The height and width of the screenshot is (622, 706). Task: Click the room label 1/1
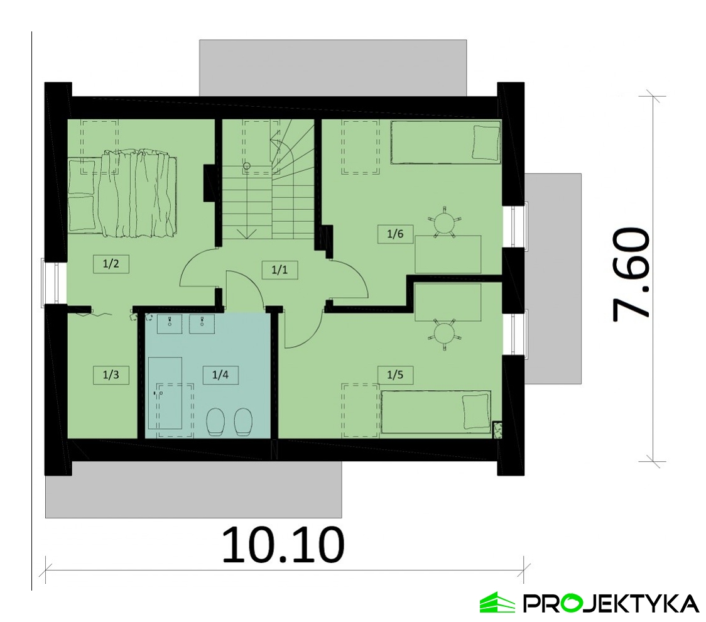[x=280, y=270]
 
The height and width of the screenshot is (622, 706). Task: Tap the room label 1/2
[x=111, y=263]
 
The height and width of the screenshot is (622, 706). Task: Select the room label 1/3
[x=111, y=374]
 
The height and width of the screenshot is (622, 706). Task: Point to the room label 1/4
[x=220, y=374]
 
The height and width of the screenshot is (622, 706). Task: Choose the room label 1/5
[x=395, y=374]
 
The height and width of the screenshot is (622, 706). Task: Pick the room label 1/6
[x=395, y=234]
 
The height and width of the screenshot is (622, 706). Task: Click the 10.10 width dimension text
[x=283, y=545]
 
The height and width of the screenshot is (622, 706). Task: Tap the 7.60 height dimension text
[x=631, y=275]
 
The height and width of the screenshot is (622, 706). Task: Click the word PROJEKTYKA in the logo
[x=611, y=603]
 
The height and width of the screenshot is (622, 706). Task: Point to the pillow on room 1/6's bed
[x=486, y=143]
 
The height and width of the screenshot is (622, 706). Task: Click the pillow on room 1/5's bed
[x=476, y=412]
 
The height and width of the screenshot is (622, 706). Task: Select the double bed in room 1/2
[x=122, y=193]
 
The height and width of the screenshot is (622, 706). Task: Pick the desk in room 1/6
[x=448, y=254]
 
